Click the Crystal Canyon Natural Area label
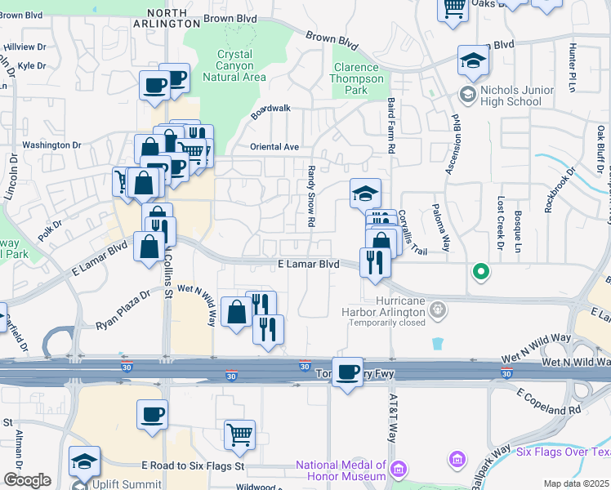pyautogui.click(x=241, y=65)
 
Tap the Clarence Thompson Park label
pyautogui.click(x=358, y=79)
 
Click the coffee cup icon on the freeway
pyautogui.click(x=349, y=372)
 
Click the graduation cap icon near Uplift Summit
pyautogui.click(x=84, y=461)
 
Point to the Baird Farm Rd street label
pyautogui.click(x=391, y=127)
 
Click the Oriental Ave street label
pyautogui.click(x=275, y=147)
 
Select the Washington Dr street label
pyautogui.click(x=52, y=145)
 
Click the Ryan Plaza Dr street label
pyautogui.click(x=123, y=311)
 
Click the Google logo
pyautogui.click(x=27, y=480)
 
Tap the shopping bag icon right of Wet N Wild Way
pyautogui.click(x=236, y=312)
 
